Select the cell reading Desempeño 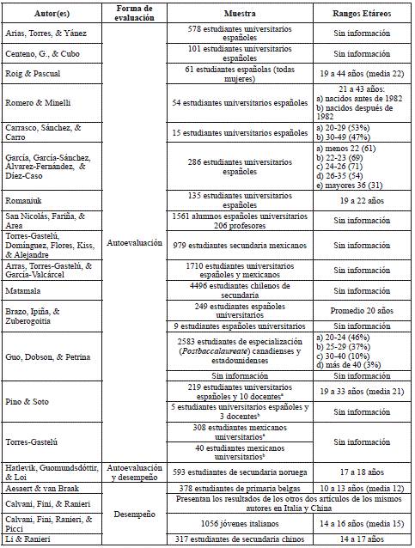(133, 514)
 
